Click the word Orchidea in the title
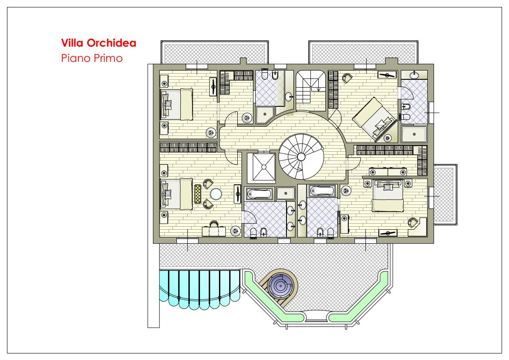(111, 43)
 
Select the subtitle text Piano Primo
(92, 58)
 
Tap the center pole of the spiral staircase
(301, 157)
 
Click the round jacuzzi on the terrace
(280, 285)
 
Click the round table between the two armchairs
(216, 194)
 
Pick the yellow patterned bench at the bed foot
(197, 194)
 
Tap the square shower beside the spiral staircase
(261, 166)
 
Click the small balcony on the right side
(445, 194)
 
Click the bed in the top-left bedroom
(177, 104)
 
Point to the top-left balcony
(215, 52)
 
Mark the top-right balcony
(363, 52)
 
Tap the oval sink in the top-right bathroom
(414, 75)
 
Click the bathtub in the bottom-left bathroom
(259, 194)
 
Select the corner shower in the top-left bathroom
(265, 115)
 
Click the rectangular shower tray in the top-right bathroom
(414, 134)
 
